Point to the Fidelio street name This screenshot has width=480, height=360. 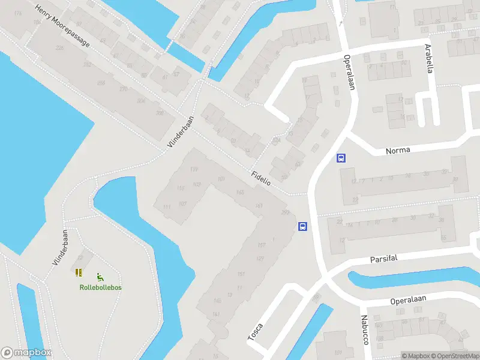click(261, 177)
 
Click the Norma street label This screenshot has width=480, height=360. click(398, 150)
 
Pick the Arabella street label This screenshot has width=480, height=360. click(429, 58)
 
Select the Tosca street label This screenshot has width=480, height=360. click(255, 331)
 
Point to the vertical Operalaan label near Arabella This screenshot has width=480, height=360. click(349, 72)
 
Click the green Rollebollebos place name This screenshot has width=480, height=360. click(101, 287)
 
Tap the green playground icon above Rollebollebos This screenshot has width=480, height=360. click(100, 277)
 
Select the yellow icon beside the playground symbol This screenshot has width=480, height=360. click(79, 272)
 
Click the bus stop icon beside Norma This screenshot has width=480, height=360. click(341, 158)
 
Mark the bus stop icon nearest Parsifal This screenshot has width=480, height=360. click(303, 227)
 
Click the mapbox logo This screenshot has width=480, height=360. click(26, 353)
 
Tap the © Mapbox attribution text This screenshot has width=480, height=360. click(416, 356)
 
